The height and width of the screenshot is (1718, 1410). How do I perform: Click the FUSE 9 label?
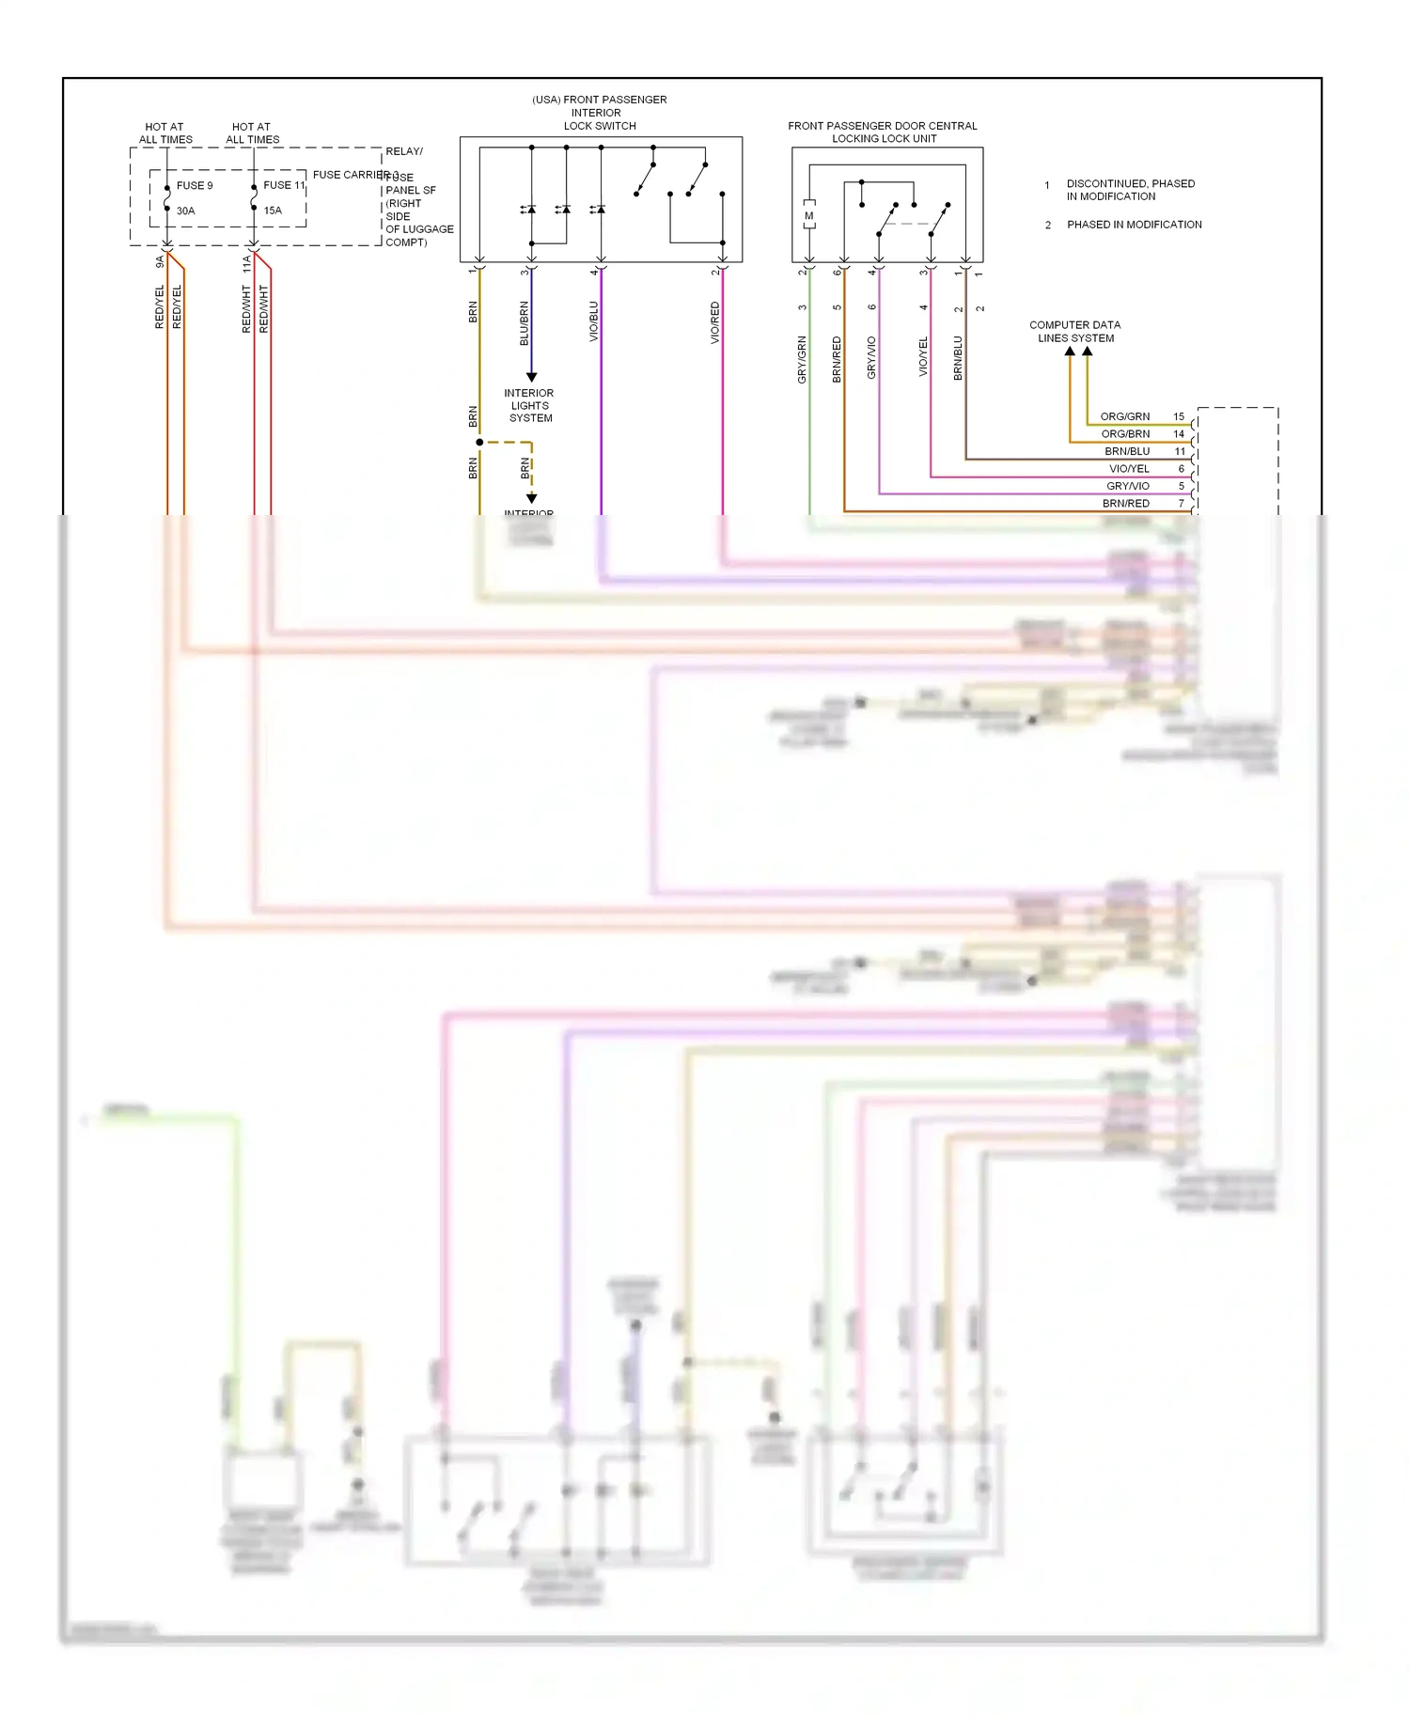click(195, 186)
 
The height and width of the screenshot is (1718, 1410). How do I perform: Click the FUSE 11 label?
click(284, 185)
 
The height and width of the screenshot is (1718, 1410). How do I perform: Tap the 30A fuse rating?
click(186, 211)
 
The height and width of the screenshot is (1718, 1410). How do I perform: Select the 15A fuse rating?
click(273, 211)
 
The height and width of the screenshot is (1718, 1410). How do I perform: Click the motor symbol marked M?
click(808, 216)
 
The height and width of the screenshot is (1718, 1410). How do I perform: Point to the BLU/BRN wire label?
click(525, 323)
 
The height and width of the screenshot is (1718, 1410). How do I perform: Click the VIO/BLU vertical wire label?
click(594, 321)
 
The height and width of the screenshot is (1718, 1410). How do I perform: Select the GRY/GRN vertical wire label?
click(802, 359)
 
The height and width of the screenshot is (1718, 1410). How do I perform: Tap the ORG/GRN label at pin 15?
click(1124, 416)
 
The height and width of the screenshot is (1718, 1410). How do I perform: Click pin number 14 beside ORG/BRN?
click(1179, 434)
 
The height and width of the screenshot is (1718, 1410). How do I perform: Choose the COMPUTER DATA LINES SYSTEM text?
click(1075, 332)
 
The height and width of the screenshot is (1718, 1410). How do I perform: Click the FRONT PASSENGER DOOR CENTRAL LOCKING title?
click(883, 132)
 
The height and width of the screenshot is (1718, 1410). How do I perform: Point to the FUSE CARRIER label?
click(350, 175)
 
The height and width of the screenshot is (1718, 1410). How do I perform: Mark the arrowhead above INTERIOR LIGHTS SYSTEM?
click(531, 377)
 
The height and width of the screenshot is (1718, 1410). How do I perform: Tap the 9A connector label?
click(160, 262)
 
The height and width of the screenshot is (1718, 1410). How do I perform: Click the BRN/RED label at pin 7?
click(1125, 504)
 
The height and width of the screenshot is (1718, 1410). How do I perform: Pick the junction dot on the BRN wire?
click(479, 442)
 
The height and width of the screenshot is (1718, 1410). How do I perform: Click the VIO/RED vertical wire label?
click(715, 322)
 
